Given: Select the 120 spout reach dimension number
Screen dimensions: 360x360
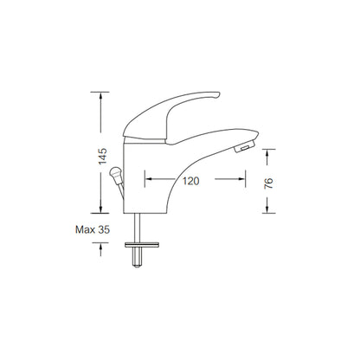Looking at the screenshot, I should [191, 180].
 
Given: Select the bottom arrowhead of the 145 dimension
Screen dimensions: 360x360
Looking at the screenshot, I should [103, 213].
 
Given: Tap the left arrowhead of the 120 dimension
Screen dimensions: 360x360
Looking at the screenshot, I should [148, 180].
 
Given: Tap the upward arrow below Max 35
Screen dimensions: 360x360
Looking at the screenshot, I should [103, 246].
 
